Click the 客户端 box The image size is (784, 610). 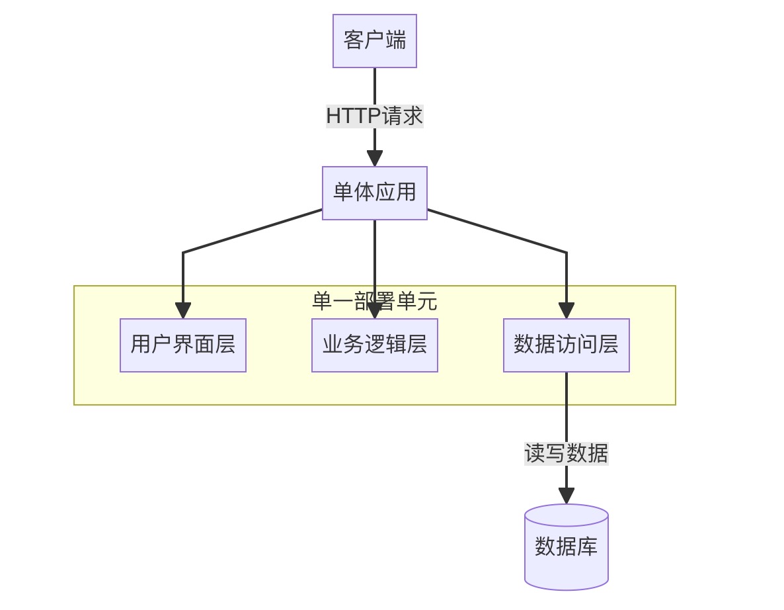(x=374, y=41)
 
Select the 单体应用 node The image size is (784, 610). (x=374, y=193)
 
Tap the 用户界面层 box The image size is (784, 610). (x=182, y=345)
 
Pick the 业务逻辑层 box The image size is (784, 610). (x=374, y=345)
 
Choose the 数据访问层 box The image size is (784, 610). (x=566, y=345)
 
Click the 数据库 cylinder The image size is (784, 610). (x=566, y=547)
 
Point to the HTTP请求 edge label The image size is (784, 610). (x=374, y=116)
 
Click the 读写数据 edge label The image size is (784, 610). (x=566, y=453)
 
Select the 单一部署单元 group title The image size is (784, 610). (x=374, y=302)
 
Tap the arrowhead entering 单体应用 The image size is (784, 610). (x=374, y=159)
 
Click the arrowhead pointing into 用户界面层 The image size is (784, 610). (x=183, y=311)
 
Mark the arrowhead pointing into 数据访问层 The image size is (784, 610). (x=566, y=311)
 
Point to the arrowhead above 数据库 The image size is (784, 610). (x=566, y=496)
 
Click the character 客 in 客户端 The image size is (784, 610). (x=354, y=41)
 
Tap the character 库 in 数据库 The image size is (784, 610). (x=587, y=547)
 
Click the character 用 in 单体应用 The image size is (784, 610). (x=406, y=193)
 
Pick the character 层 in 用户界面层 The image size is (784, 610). (x=225, y=345)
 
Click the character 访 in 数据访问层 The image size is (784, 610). (x=566, y=345)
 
